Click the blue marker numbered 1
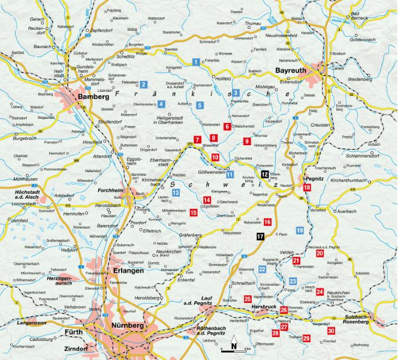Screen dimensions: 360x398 pos(196,62)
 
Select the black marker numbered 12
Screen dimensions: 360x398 pos(264,174)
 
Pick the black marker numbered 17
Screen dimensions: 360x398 pos(260,236)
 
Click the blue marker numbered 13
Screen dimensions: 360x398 pos(176,193)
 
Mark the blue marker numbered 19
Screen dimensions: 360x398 pos(300,230)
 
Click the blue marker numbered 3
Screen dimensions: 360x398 pos(236,93)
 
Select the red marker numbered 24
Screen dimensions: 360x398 pos(320,292)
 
